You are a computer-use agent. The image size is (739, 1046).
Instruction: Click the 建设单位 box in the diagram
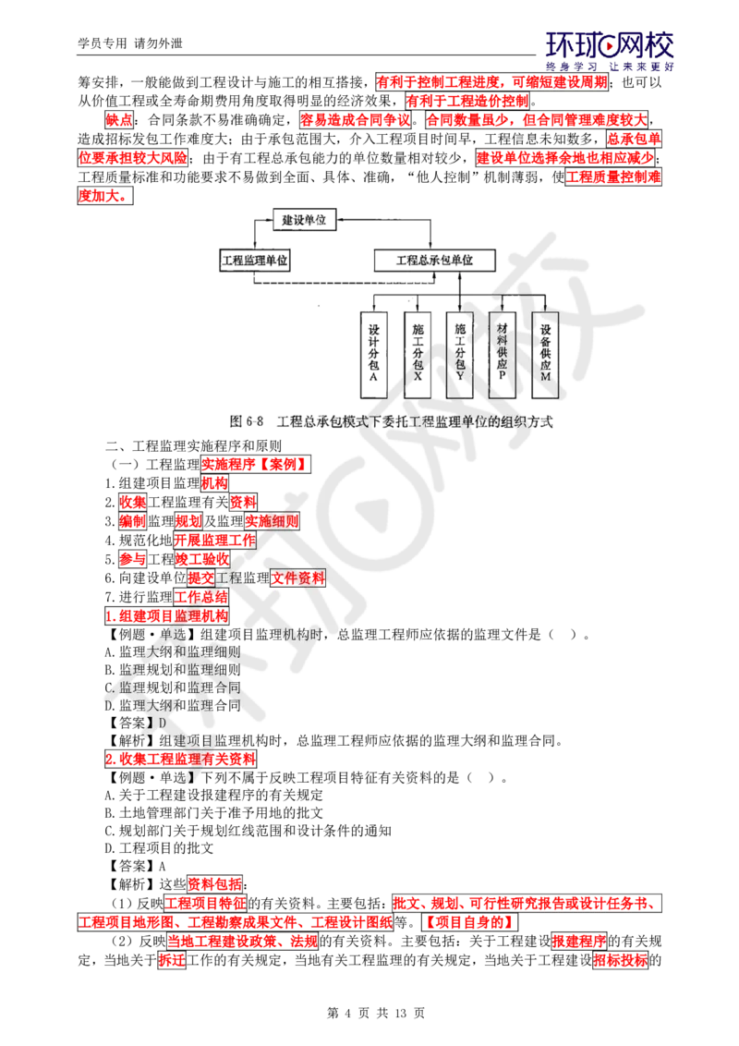click(304, 220)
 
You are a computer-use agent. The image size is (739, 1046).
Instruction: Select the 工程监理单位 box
click(255, 261)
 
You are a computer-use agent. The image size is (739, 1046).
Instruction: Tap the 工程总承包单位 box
click(434, 261)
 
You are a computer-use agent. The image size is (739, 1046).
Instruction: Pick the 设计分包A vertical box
click(373, 354)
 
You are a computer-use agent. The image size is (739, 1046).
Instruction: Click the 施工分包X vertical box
click(418, 354)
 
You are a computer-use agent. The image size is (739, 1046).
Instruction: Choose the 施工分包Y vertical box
click(459, 354)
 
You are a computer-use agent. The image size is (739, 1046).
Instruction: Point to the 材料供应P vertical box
click(503, 354)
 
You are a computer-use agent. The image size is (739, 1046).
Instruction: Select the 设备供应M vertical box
click(546, 354)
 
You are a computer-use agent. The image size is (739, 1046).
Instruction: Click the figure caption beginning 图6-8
click(391, 421)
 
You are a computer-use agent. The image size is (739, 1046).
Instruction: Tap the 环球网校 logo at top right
click(610, 51)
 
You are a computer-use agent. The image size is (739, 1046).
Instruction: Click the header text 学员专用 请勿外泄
click(130, 43)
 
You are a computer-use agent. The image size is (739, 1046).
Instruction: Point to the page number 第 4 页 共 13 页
click(376, 1013)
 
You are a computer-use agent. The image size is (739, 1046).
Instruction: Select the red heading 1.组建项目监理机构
click(167, 615)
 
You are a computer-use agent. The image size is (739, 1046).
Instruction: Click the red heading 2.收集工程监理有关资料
click(180, 760)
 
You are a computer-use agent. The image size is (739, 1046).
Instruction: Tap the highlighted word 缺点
click(119, 120)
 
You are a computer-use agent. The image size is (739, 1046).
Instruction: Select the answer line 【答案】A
click(136, 867)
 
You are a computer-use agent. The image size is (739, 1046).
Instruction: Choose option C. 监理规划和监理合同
click(173, 687)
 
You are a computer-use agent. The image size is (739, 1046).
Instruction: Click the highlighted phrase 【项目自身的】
click(470, 922)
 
